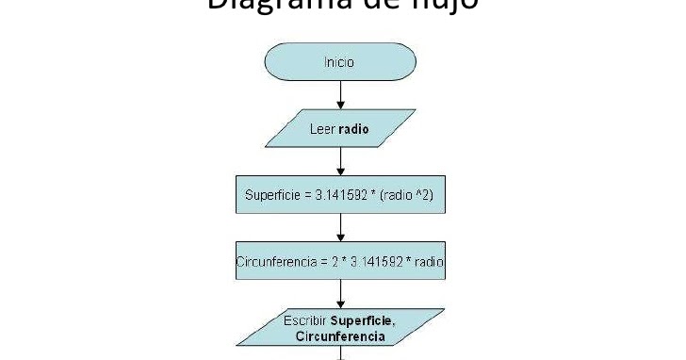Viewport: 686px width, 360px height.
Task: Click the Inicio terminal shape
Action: [340, 63]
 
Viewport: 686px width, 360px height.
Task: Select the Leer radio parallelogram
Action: [340, 129]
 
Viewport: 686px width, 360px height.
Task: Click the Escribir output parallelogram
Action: [340, 326]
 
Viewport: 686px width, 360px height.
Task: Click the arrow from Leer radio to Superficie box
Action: [340, 162]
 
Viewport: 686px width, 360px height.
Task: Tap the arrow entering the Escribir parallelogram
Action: [340, 293]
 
